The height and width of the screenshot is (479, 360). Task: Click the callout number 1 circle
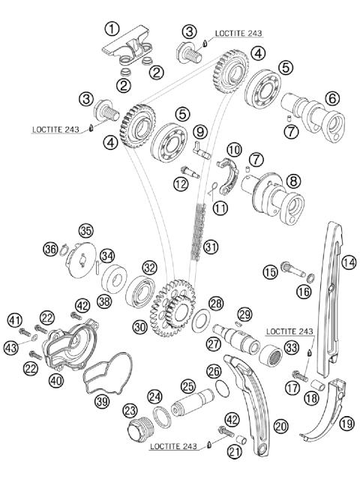(x=112, y=28)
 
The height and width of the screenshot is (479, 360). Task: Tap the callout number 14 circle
(x=348, y=262)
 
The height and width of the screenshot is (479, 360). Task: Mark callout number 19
(x=347, y=424)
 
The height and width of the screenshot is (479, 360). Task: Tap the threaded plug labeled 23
(x=139, y=436)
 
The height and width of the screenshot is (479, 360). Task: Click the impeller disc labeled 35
(x=80, y=256)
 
